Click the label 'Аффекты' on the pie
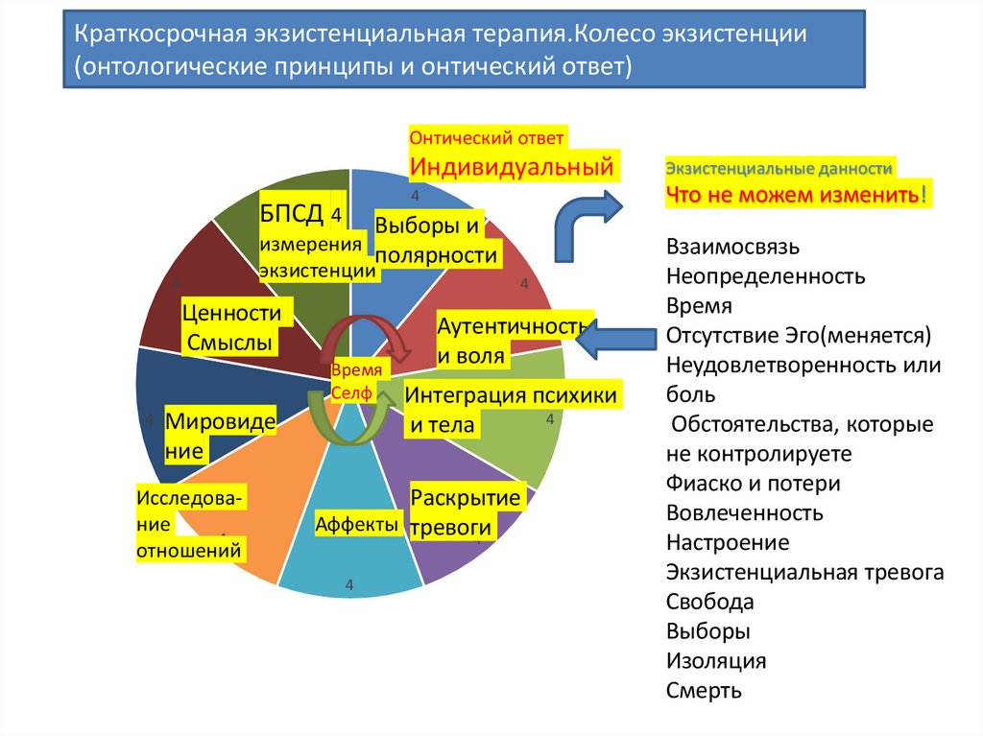click(356, 524)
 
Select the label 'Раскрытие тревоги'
click(466, 513)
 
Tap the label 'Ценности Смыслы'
click(230, 327)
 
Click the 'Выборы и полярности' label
click(436, 240)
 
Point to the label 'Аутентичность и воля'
click(510, 341)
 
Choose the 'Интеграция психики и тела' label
click(510, 409)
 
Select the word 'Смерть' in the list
click(704, 690)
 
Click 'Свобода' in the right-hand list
click(709, 602)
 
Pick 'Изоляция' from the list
click(715, 660)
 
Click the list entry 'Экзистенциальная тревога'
click(804, 572)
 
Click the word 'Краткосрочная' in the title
click(160, 36)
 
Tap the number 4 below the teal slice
click(349, 585)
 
